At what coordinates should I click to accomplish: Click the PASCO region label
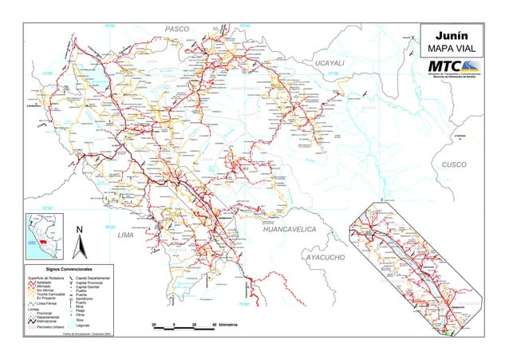click(x=176, y=30)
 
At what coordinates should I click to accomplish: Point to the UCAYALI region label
click(x=329, y=62)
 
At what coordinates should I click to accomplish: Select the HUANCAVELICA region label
click(x=290, y=230)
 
